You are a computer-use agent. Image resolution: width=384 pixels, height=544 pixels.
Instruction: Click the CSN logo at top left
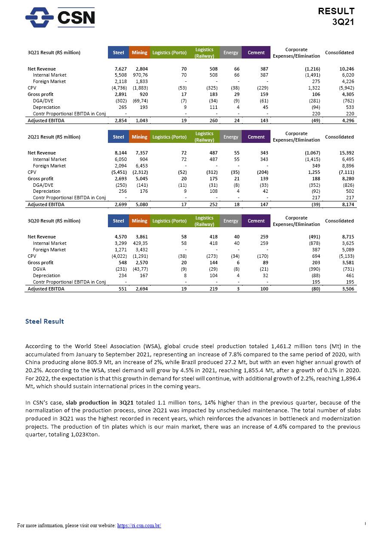tap(60, 17)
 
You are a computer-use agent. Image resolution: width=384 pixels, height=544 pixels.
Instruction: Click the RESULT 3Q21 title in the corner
tap(336, 16)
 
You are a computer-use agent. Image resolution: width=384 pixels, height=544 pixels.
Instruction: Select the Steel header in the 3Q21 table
tap(118, 53)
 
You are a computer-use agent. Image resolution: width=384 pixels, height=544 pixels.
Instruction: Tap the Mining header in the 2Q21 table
tap(139, 137)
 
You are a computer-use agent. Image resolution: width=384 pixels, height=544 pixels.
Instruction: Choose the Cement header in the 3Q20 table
tap(256, 221)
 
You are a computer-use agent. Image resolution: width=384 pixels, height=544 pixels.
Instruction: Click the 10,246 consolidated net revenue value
tap(346, 69)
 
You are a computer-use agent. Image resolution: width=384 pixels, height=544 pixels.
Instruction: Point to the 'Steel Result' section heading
tap(45, 321)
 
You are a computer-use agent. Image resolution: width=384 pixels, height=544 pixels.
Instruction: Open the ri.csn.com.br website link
tap(139, 525)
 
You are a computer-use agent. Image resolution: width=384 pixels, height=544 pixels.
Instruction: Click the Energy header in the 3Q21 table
tap(230, 53)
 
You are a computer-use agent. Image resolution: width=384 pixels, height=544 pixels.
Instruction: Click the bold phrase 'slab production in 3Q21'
tap(100, 403)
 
